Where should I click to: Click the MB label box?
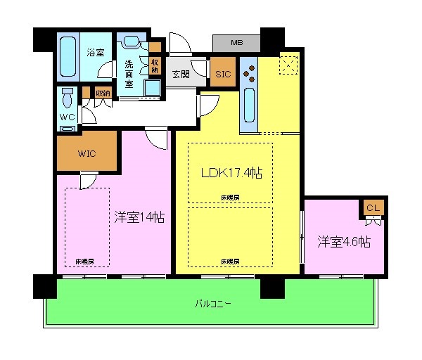[238, 43]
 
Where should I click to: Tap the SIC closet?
[223, 74]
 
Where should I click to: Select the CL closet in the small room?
[373, 208]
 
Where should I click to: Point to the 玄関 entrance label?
[181, 74]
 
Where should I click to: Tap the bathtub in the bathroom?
[70, 57]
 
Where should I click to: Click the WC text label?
[68, 116]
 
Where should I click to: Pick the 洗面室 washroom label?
[129, 72]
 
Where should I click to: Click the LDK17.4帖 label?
[231, 173]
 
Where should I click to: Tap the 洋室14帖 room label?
[139, 218]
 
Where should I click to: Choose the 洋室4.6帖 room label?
[343, 242]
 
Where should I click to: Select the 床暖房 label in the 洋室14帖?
[85, 261]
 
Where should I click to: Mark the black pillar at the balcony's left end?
[44, 285]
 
